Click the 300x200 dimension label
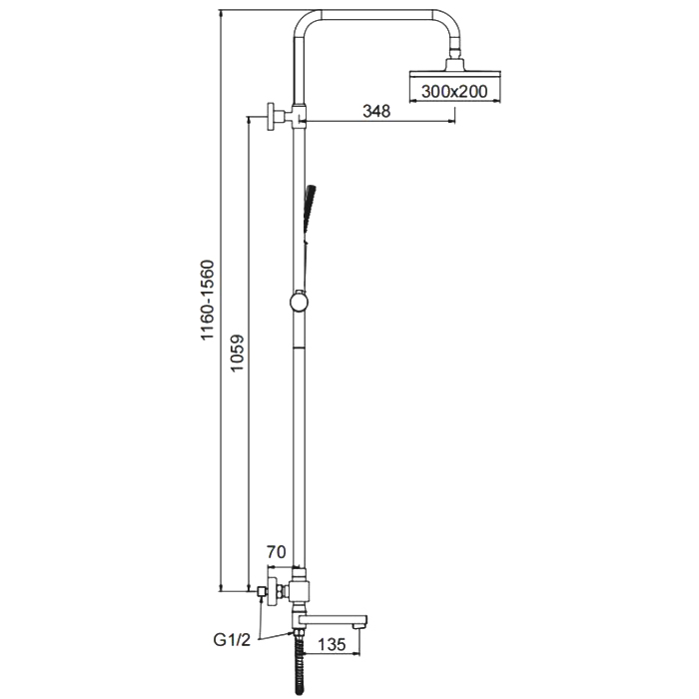click(x=454, y=92)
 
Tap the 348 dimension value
click(x=376, y=111)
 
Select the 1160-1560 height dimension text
click(x=208, y=300)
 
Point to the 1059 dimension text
click(x=237, y=353)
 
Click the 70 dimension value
click(x=276, y=552)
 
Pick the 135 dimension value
click(x=333, y=644)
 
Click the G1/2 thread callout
click(x=232, y=640)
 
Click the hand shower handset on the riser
click(x=309, y=213)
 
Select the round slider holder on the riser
click(x=299, y=302)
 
